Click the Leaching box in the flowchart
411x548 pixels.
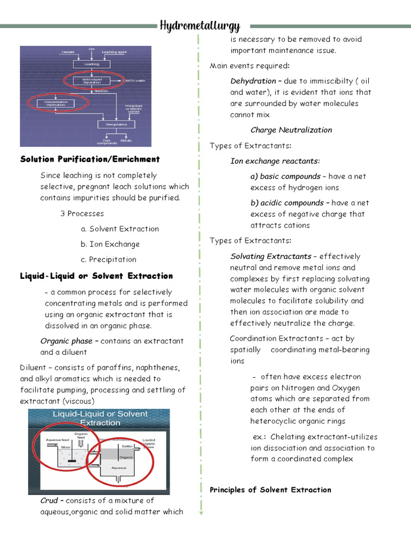tap(92, 64)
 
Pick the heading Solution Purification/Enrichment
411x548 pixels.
tap(90, 159)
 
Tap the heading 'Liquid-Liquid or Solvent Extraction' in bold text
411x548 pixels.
tap(96, 276)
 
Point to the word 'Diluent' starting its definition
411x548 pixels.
tap(33, 368)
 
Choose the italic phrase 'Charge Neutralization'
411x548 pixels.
tap(291, 130)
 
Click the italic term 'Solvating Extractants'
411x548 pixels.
tap(271, 256)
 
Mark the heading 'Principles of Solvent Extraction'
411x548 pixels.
tap(270, 490)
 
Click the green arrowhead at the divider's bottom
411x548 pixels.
tap(201, 513)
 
